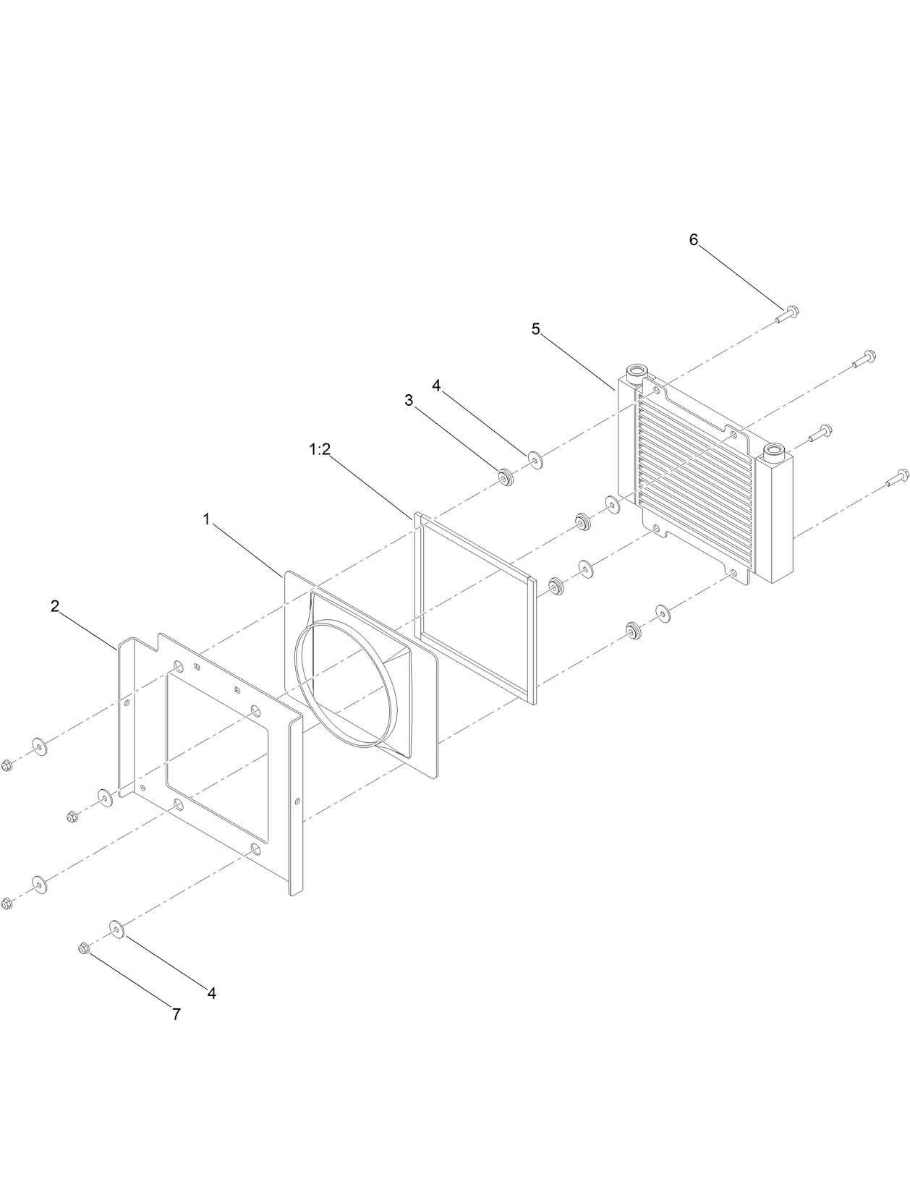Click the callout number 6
(693, 240)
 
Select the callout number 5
(535, 329)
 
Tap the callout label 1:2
(319, 449)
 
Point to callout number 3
(409, 401)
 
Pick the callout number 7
(176, 1015)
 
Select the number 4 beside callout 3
(436, 386)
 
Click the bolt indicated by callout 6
(787, 315)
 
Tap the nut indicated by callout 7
(83, 948)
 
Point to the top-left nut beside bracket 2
(7, 765)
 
